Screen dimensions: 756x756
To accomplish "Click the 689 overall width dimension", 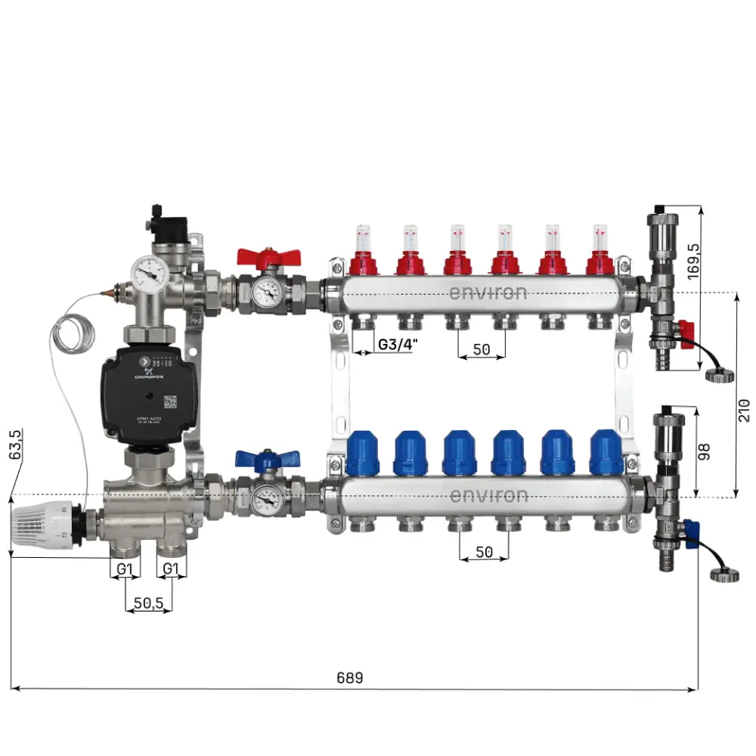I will tap(349, 678).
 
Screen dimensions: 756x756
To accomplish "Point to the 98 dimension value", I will tap(705, 451).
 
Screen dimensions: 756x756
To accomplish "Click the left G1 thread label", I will tap(125, 568).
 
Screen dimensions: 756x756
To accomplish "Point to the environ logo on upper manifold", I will tap(488, 292).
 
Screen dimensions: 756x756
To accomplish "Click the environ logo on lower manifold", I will tap(488, 496).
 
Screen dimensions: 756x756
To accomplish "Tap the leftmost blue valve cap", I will tap(362, 453).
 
